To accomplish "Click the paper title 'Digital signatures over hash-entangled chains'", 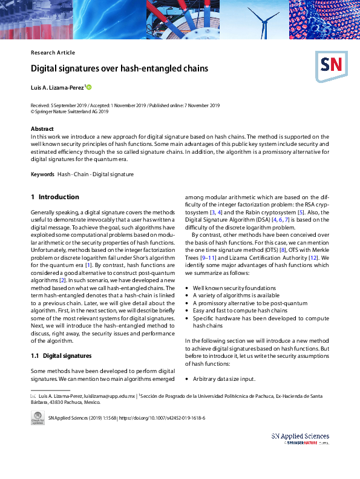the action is pos(119,68).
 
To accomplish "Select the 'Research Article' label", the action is pos(53,53).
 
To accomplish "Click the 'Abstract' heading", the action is pos(42,129).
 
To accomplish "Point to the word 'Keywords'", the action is pos(42,174).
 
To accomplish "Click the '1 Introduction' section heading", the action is pos(55,197).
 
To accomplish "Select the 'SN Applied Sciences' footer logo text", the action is pos(300,436).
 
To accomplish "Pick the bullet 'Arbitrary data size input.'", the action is pos(224,379).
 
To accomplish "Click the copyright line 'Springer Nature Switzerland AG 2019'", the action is pos(71,111).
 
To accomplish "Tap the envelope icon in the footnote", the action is pos(33,395).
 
